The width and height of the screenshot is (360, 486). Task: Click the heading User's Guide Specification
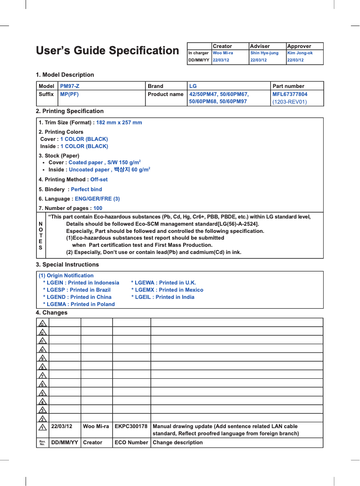point(107,51)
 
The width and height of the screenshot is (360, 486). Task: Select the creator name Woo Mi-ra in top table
point(223,53)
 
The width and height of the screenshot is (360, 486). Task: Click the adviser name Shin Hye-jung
point(264,53)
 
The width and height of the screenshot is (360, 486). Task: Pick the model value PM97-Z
point(70,86)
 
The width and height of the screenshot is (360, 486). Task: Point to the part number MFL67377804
point(290,94)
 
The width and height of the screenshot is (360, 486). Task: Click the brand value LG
point(193,86)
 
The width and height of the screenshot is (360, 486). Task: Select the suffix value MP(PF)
point(70,94)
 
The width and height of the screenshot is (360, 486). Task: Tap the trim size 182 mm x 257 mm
point(119,123)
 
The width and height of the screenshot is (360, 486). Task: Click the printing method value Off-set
point(99,180)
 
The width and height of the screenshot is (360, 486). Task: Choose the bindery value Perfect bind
point(86,189)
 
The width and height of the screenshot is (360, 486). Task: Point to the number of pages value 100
point(97,208)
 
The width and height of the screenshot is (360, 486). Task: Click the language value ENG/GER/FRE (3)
point(97,199)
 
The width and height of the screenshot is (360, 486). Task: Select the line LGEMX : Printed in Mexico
point(167,290)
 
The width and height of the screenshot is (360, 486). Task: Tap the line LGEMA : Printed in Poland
point(79,304)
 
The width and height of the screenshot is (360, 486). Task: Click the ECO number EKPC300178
point(131,426)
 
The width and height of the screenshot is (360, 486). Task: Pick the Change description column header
point(178,442)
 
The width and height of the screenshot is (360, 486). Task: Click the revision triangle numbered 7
point(42,375)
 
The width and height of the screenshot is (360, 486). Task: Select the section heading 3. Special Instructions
point(67,265)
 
